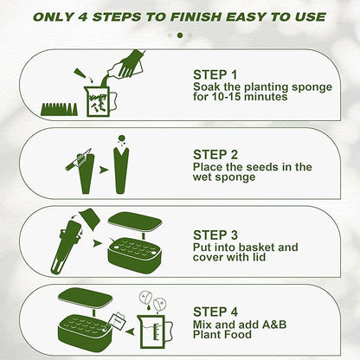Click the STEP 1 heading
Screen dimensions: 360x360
coord(215,75)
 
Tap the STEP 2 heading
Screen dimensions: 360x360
coord(215,155)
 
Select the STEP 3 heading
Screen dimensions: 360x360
coord(215,235)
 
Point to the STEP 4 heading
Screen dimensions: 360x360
coord(215,312)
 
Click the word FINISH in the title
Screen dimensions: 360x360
coord(196,17)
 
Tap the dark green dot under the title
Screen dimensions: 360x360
coord(180,35)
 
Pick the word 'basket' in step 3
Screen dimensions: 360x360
coord(253,247)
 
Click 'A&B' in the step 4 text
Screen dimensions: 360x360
coord(274,325)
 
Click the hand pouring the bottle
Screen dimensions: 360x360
coord(132,65)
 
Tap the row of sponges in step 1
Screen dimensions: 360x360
coord(60,109)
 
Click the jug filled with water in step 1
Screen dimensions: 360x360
coord(100,101)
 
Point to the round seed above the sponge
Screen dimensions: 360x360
coord(122,138)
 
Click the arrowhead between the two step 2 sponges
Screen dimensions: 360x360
coord(103,170)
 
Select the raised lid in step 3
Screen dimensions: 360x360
coord(135,222)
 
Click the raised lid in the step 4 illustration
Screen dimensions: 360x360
coord(85,299)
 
